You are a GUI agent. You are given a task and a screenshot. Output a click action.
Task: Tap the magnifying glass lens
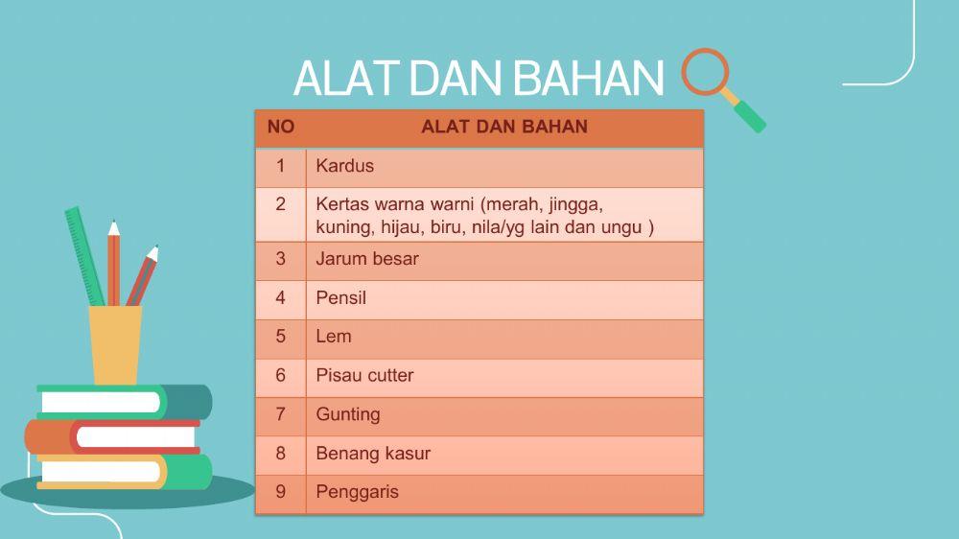(705, 72)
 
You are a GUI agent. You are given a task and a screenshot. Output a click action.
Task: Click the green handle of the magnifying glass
(750, 116)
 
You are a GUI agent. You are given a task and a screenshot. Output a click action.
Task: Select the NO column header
(280, 127)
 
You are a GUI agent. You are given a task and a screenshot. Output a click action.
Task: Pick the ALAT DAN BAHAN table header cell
(504, 127)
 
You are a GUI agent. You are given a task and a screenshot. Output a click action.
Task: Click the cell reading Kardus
(345, 166)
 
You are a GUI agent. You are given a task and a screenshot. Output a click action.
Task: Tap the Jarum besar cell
(367, 259)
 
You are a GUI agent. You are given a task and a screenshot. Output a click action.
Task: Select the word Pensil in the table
(341, 298)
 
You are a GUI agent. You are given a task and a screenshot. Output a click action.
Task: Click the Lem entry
(334, 337)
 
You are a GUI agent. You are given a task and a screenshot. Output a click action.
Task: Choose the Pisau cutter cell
(364, 376)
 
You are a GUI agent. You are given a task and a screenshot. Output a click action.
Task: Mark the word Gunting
(348, 414)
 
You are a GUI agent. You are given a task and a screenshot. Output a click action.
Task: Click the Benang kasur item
(373, 454)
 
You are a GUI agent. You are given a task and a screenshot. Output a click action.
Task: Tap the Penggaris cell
(357, 493)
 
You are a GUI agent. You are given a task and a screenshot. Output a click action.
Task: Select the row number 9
(280, 493)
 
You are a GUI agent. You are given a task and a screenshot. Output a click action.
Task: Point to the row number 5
(280, 337)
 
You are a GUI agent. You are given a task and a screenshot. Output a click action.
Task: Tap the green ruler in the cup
(84, 255)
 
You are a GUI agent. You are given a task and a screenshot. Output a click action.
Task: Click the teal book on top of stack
(125, 401)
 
